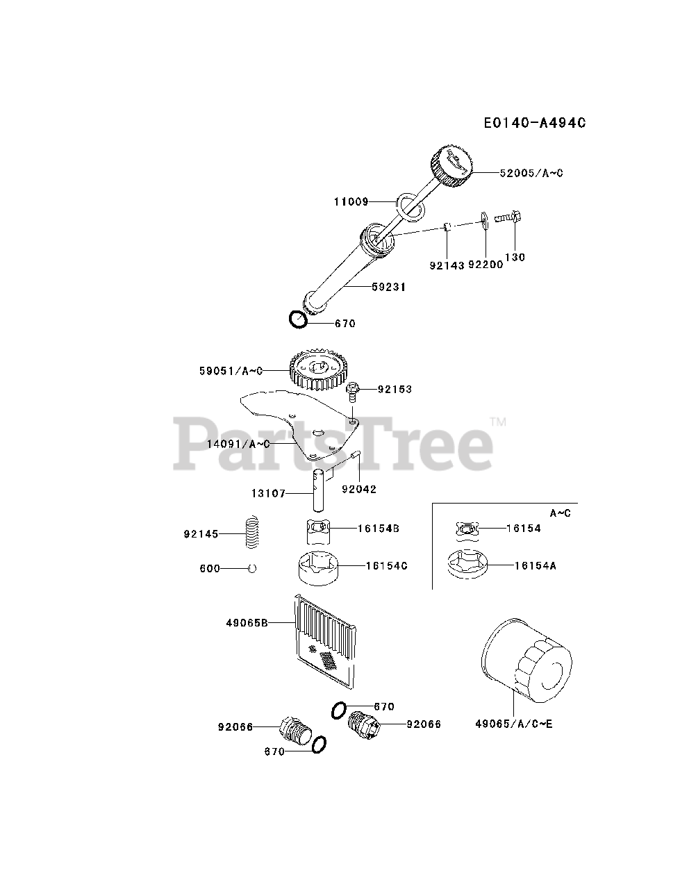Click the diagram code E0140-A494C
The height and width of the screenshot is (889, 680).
coord(535,123)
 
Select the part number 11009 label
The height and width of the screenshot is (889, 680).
coord(350,202)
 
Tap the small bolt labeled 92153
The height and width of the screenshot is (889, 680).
coord(353,392)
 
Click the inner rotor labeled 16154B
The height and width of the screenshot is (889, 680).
coord(319,533)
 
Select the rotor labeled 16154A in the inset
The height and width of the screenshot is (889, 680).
coord(467,563)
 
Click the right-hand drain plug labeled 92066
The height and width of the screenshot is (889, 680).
coord(363,724)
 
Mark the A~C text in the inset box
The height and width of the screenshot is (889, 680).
coord(560,513)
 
